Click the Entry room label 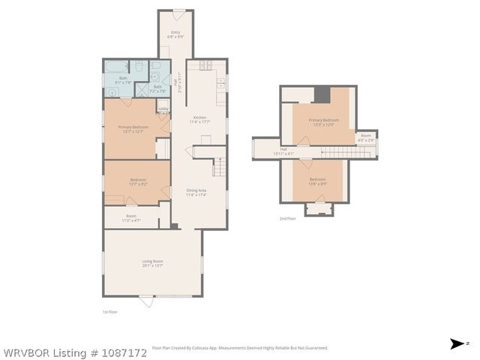pos(175,34)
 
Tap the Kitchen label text pos(200,119)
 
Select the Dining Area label pos(196,193)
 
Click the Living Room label pos(152,263)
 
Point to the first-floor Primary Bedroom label pos(131,129)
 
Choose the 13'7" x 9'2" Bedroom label pos(137,181)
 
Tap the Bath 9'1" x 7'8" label pos(123,80)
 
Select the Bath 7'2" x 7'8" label pos(157,88)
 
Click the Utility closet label pos(163,109)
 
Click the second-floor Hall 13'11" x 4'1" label pos(283,151)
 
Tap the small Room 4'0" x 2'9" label pos(365,137)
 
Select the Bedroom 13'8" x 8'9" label pos(318,181)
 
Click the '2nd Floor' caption pos(287,218)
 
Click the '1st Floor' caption pos(110,310)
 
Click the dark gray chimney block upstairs pos(322,94)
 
